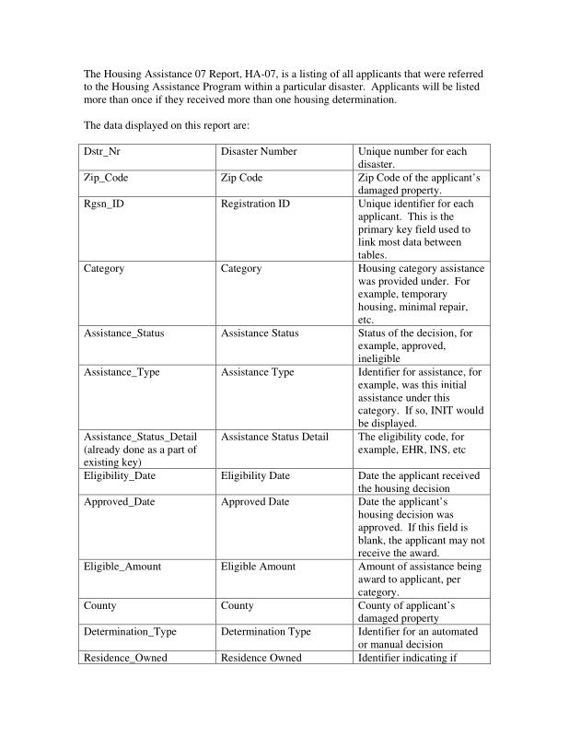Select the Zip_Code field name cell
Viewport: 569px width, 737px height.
pos(147,178)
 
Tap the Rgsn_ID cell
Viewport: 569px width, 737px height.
pos(147,228)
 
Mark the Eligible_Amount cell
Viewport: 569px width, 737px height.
pos(147,579)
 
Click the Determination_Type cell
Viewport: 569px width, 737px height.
pos(147,638)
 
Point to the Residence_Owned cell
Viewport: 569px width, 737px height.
pos(147,658)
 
